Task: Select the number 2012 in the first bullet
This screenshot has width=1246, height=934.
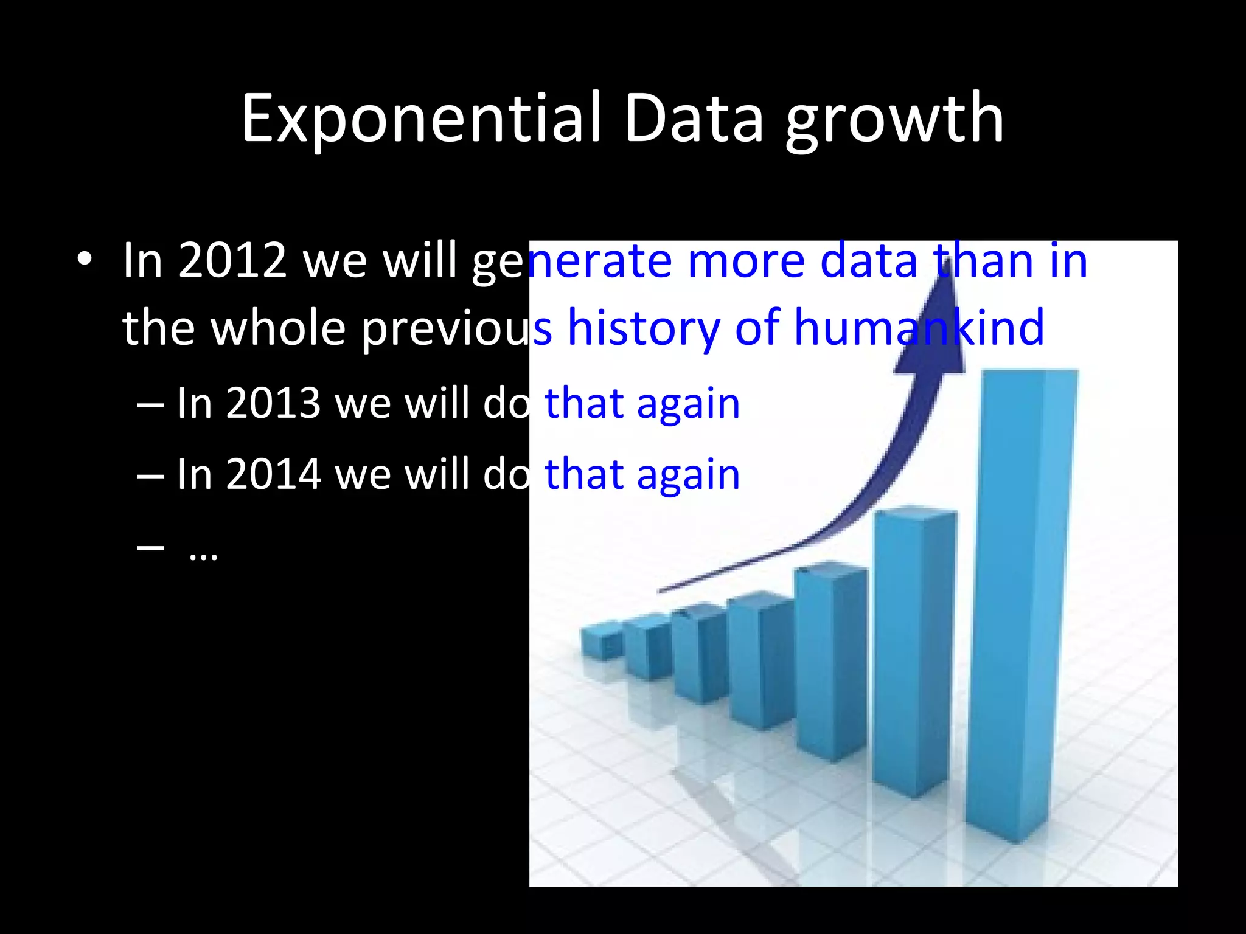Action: (x=232, y=260)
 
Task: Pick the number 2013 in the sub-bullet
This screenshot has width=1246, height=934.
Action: (x=273, y=403)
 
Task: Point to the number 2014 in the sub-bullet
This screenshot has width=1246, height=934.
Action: (x=273, y=474)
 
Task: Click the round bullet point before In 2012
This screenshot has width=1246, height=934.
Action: (x=85, y=260)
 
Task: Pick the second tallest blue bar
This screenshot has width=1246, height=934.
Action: (x=913, y=651)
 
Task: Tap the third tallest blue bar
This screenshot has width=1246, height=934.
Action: (x=830, y=663)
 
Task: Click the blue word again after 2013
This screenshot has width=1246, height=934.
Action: (x=688, y=403)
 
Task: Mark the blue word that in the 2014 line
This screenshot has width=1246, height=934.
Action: (x=584, y=474)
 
